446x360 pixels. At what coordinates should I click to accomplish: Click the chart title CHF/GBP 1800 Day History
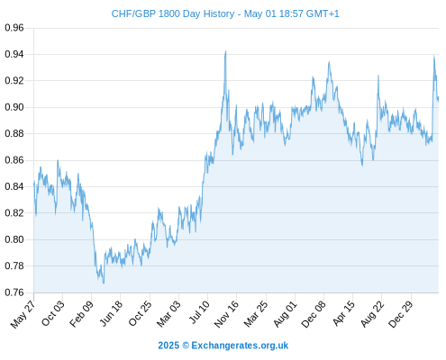pyautogui.click(x=173, y=13)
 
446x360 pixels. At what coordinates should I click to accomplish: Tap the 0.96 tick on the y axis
pyautogui.click(x=14, y=28)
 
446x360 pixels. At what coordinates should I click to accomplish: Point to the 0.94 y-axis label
pyautogui.click(x=14, y=54)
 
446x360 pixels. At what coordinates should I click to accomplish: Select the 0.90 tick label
pyautogui.click(x=14, y=107)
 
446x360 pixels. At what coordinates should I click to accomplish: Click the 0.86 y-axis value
pyautogui.click(x=14, y=160)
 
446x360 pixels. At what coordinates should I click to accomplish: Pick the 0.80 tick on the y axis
pyautogui.click(x=14, y=239)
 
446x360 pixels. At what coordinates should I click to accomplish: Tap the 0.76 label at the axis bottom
pyautogui.click(x=14, y=292)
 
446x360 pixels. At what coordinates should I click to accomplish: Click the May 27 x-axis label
pyautogui.click(x=23, y=313)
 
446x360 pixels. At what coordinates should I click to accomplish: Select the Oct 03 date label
pyautogui.click(x=52, y=313)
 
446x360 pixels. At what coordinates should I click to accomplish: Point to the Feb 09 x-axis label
pyautogui.click(x=81, y=313)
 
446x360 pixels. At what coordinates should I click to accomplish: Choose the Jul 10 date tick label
pyautogui.click(x=198, y=312)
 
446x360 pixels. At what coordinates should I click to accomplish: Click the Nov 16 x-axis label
pyautogui.click(x=226, y=313)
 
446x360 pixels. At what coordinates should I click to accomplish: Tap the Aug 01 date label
pyautogui.click(x=285, y=313)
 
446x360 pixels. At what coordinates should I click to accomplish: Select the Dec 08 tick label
pyautogui.click(x=314, y=313)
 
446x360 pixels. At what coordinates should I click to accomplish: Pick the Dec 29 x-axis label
pyautogui.click(x=401, y=313)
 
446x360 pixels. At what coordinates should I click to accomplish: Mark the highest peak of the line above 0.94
pyautogui.click(x=225, y=51)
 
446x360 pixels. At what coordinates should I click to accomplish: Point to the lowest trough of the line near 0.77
pyautogui.click(x=104, y=283)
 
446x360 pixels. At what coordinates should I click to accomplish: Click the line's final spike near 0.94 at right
pyautogui.click(x=433, y=56)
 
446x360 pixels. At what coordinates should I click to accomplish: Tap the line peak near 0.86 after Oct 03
pyautogui.click(x=58, y=160)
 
